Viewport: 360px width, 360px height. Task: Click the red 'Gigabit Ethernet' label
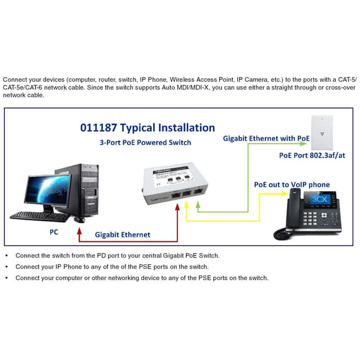point(123,234)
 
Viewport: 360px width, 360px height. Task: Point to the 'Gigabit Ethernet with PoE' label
point(266,138)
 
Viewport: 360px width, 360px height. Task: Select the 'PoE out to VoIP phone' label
point(291,184)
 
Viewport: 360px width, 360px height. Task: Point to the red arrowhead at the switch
point(178,207)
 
